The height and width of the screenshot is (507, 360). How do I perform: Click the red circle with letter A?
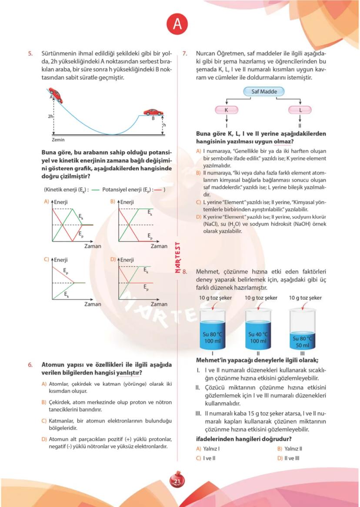click(177, 25)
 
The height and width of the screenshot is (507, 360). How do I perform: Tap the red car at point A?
click(56, 95)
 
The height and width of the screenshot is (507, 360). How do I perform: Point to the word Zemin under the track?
click(58, 140)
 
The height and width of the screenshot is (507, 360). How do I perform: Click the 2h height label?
click(50, 117)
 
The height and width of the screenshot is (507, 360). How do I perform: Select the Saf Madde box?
click(263, 92)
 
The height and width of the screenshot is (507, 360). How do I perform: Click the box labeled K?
click(226, 110)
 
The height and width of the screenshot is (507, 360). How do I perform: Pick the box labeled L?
click(300, 110)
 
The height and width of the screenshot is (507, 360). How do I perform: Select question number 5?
click(30, 54)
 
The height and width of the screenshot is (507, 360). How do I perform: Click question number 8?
click(185, 272)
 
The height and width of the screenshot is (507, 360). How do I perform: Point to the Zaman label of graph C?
click(93, 304)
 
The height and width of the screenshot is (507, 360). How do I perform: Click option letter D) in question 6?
click(44, 439)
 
